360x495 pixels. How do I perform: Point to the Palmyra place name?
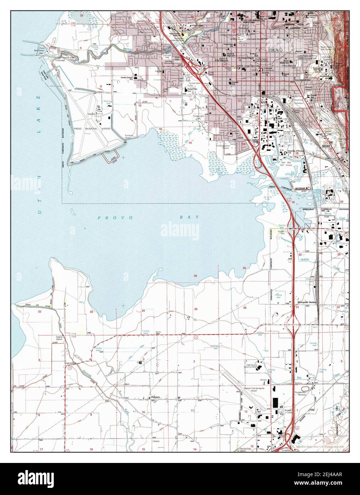(155, 396)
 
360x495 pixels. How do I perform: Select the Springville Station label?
(306, 302)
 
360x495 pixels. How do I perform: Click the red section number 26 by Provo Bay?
(195, 276)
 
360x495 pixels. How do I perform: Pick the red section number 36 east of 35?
(245, 307)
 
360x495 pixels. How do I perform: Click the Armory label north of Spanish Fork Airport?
(264, 380)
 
